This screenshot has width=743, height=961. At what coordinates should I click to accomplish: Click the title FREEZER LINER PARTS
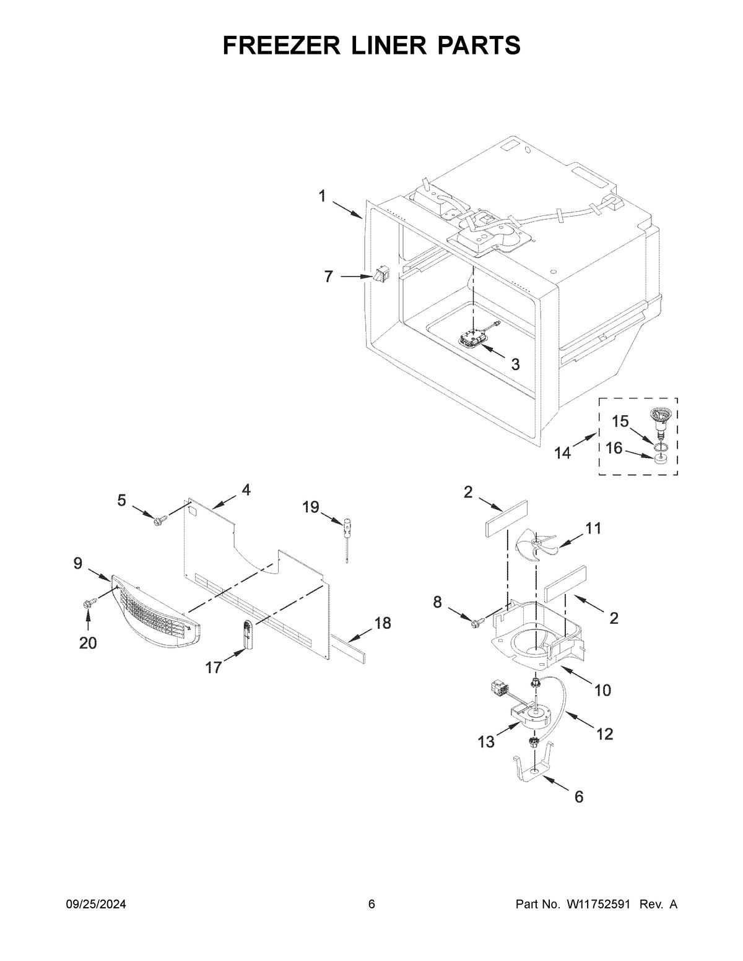[x=371, y=45]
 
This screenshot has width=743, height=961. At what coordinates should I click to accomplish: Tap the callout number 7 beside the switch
[x=329, y=277]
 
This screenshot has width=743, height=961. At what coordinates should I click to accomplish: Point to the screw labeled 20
[x=87, y=601]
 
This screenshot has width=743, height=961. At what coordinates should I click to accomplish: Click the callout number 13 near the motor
[x=486, y=741]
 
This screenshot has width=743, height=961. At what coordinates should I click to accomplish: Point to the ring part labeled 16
[x=661, y=459]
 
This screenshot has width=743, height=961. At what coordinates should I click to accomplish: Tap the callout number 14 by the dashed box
[x=562, y=453]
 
